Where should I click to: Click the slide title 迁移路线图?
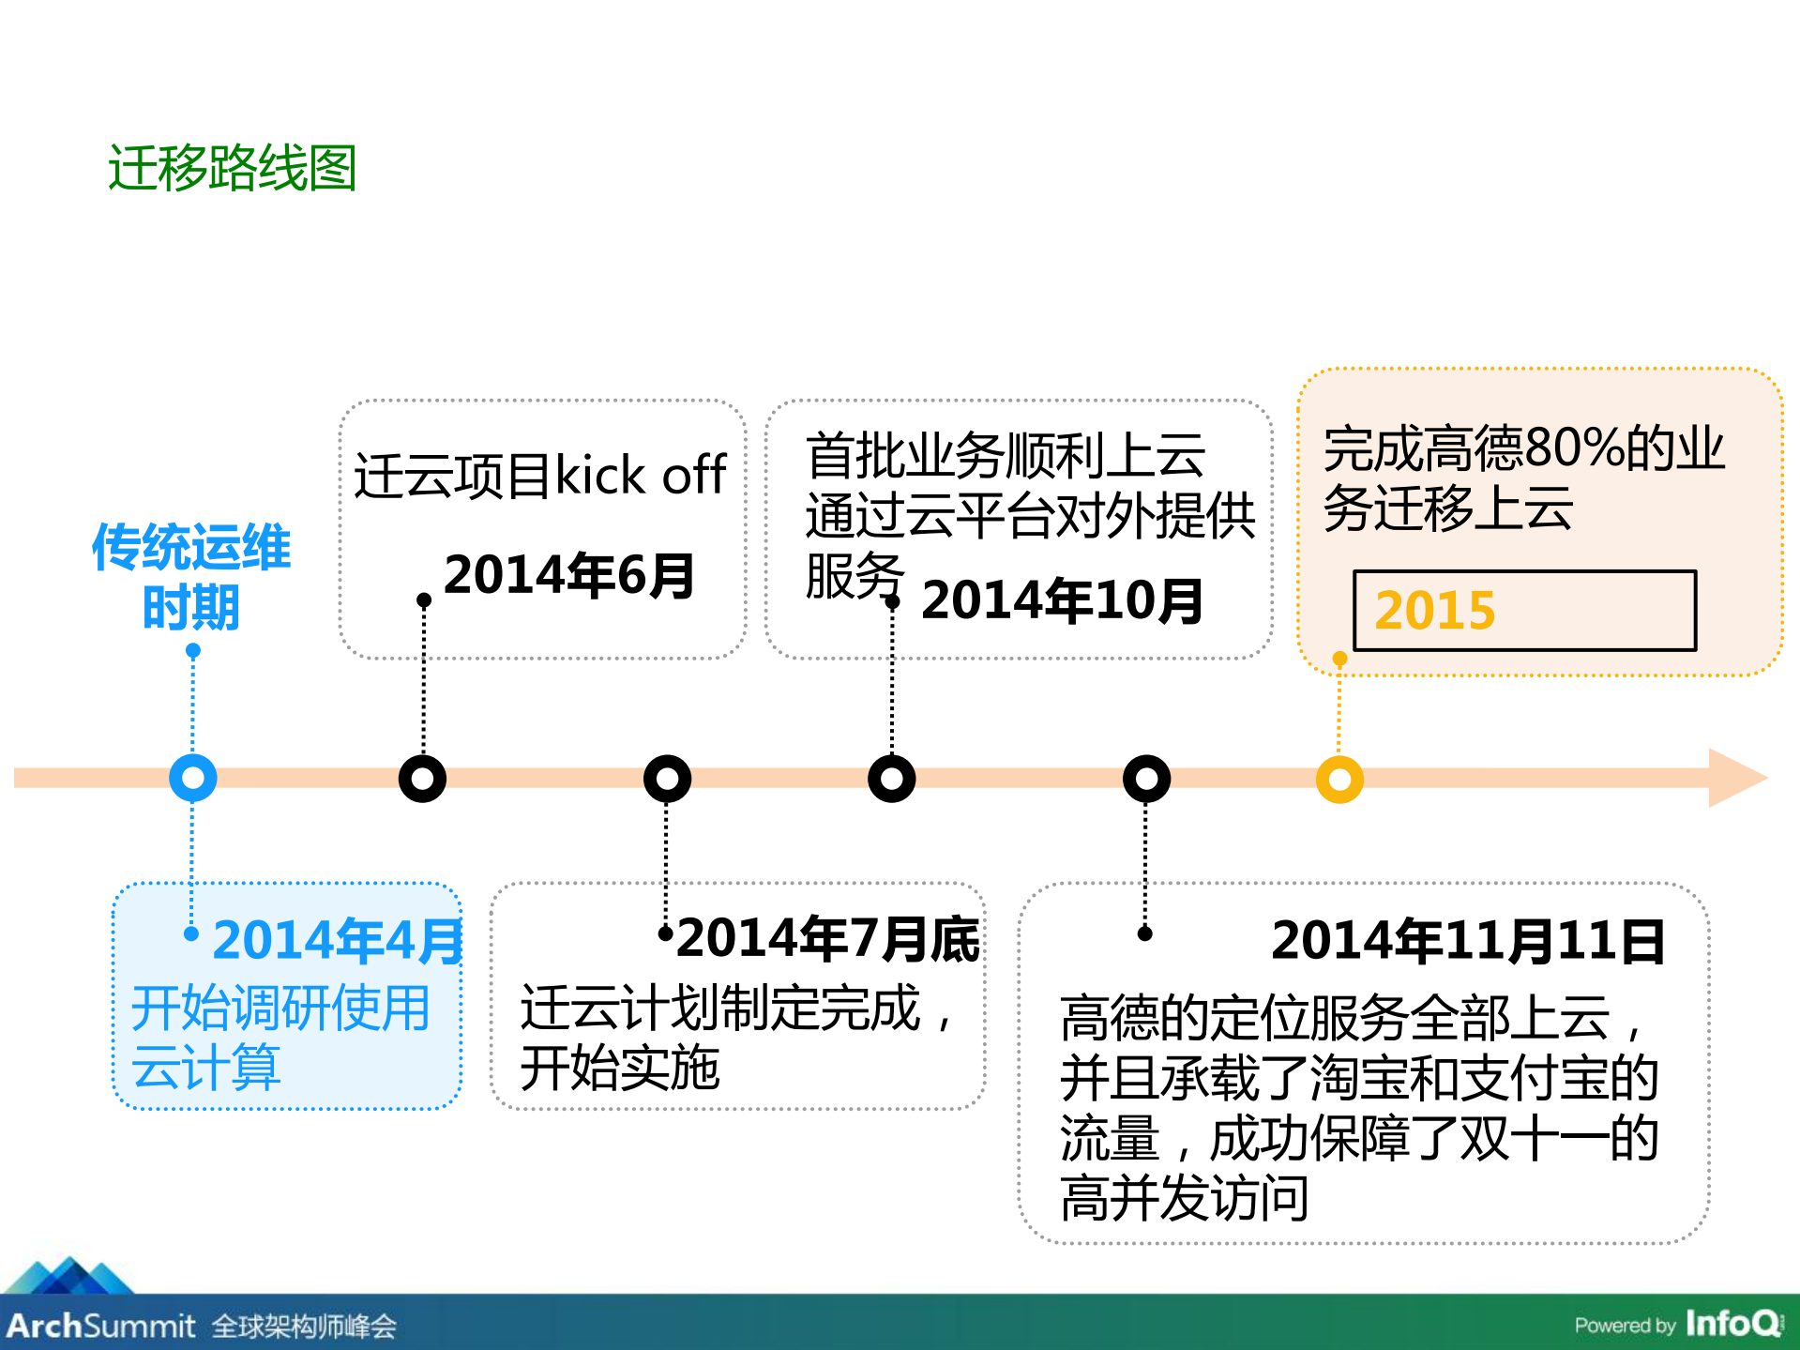coord(232,169)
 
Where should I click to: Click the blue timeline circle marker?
coord(193,778)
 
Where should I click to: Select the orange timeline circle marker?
coord(1339,779)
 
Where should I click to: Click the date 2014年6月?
coord(568,575)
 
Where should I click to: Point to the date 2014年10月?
coord(1062,600)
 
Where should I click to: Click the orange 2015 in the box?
coord(1434,611)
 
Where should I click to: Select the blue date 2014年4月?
coord(338,940)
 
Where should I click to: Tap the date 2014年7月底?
coord(827,939)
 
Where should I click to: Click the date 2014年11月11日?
coord(1467,941)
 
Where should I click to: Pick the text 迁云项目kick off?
coord(540,475)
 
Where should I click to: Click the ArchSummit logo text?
coord(101,1326)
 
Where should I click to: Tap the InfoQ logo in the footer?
coord(1733,1323)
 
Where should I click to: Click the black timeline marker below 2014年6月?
coord(422,778)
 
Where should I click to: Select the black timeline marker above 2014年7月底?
coord(667,778)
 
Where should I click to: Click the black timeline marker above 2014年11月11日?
coord(1146,778)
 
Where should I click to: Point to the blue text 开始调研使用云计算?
coord(280,1038)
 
